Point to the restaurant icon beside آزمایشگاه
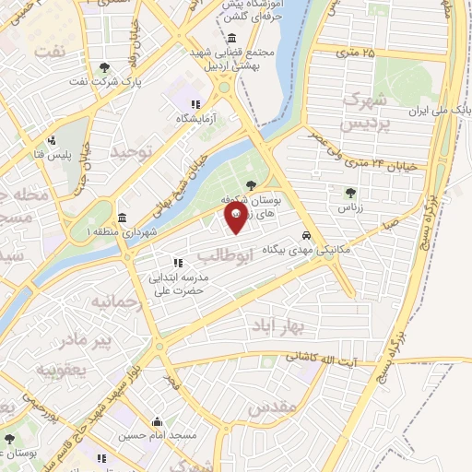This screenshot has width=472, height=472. (194, 104)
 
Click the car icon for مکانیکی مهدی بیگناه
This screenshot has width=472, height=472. (306, 235)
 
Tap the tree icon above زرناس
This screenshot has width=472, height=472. (349, 193)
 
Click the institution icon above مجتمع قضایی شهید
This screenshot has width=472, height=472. (230, 38)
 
